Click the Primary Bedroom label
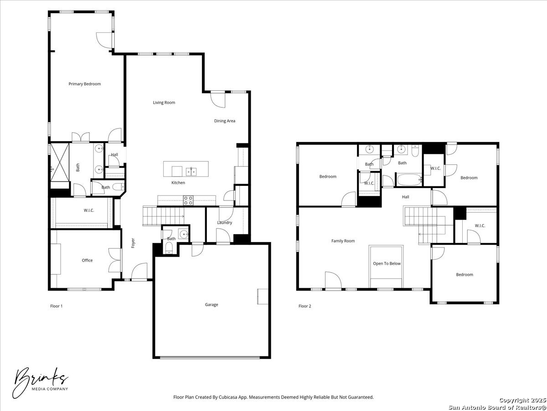coord(85,84)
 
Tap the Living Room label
coord(164,103)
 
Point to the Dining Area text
coord(225,121)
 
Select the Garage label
coord(212,305)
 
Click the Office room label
coord(87,260)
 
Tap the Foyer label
coord(133,243)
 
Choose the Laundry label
coord(225,222)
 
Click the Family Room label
coord(343,241)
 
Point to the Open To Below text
coord(387,263)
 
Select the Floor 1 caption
coord(57,306)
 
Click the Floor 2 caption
coord(305,306)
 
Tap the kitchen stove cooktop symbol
coord(188,200)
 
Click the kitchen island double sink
coord(191,172)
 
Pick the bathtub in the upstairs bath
coord(409,179)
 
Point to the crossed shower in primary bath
coord(60,162)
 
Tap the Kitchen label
coord(178,183)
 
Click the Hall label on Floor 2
coord(405,197)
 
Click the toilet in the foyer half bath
coord(169,248)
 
